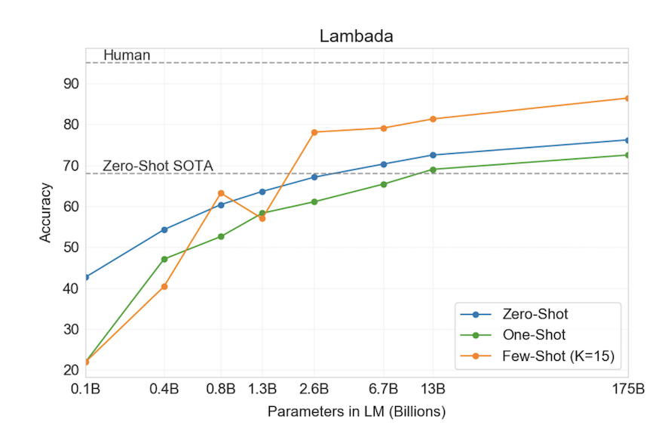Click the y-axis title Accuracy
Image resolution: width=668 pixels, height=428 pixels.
[x=46, y=212]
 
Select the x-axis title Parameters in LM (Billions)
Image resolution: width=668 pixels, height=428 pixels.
[x=357, y=412]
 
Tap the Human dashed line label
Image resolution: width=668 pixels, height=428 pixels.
[x=127, y=55]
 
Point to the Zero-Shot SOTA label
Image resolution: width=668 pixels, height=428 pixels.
[x=158, y=165]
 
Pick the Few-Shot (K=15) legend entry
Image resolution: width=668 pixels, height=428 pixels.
[x=554, y=358]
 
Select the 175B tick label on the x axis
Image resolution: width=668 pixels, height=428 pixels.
[x=627, y=390]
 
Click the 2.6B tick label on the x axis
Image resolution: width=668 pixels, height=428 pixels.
[x=314, y=390]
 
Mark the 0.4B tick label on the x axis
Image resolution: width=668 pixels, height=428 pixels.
[x=164, y=390]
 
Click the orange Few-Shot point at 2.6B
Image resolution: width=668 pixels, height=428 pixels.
[x=314, y=132]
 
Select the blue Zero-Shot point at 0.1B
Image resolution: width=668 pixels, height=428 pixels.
[x=86, y=277]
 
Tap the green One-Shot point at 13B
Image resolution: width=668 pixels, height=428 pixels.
[x=433, y=169]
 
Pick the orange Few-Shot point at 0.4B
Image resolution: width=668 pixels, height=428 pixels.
[x=164, y=286]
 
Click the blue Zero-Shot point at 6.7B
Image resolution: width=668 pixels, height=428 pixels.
[x=384, y=164]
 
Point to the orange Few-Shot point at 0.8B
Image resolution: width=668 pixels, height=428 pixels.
[x=221, y=193]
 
